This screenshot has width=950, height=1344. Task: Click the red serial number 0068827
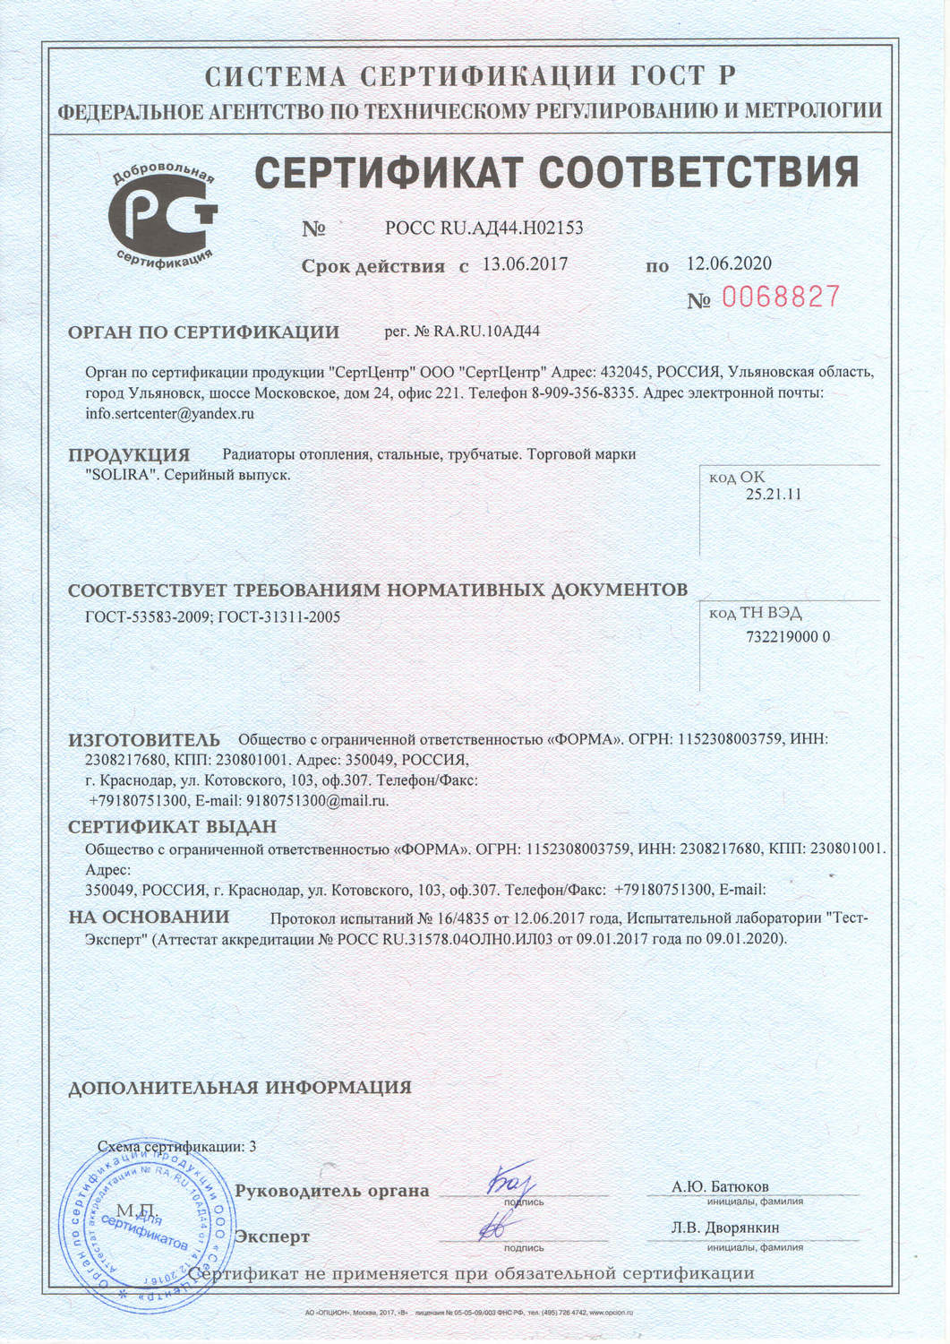tap(781, 297)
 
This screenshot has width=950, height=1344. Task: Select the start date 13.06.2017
tap(525, 263)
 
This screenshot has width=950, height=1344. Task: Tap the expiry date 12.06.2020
tap(729, 263)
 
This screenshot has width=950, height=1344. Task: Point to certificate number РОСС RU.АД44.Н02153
tap(484, 228)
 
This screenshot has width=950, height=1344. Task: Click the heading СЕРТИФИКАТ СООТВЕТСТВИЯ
tap(557, 171)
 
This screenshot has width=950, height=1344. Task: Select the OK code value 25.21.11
tap(773, 495)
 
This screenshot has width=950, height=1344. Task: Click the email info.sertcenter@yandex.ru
tap(170, 414)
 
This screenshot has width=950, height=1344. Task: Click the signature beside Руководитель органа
tap(510, 1185)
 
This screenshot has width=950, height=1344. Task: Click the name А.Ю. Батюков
tap(720, 1186)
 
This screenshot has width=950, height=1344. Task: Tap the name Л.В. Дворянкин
tap(725, 1228)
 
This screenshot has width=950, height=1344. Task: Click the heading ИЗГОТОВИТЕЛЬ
tap(144, 740)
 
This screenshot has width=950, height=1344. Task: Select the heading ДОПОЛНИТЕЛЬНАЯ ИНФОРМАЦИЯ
tap(240, 1088)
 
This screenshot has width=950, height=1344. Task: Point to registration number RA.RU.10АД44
tap(486, 332)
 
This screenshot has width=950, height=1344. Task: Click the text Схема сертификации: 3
tap(176, 1146)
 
